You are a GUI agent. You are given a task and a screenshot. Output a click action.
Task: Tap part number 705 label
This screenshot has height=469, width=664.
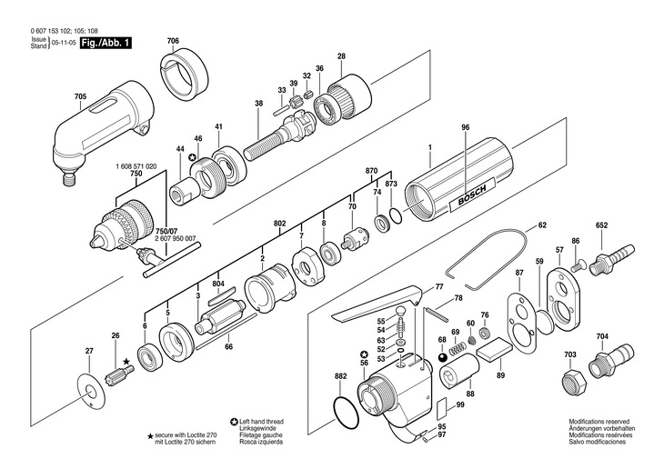[80, 95]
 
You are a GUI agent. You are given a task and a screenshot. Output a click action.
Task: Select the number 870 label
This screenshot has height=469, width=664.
[371, 171]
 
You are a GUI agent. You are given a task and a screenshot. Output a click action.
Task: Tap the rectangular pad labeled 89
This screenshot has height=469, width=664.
[495, 347]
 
